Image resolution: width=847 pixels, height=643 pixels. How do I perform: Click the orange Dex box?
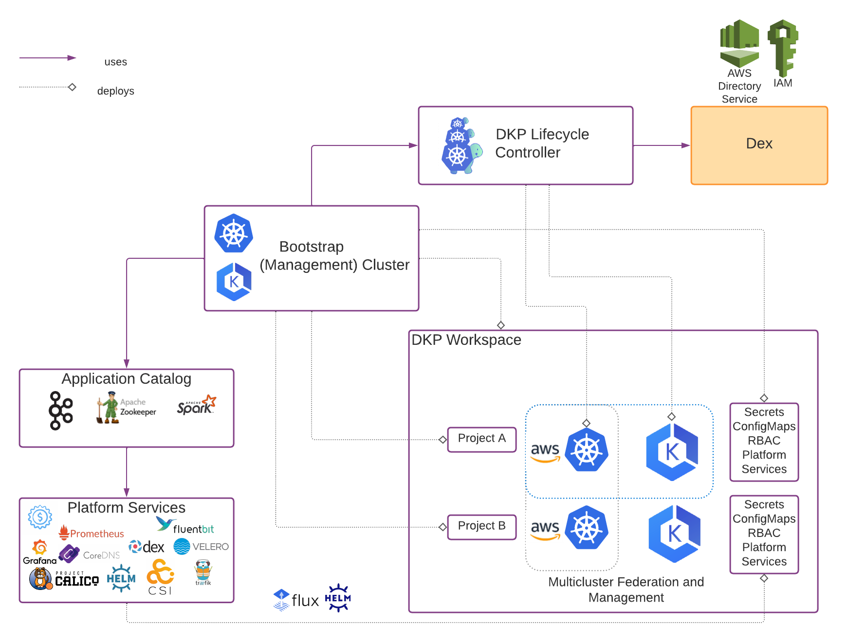[x=759, y=145]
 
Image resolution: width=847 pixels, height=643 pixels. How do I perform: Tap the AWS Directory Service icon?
[x=739, y=43]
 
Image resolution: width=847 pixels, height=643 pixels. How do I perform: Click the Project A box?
[x=481, y=439]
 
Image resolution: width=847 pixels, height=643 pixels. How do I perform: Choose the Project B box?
[x=481, y=527]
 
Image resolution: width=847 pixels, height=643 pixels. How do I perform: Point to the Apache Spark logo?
[x=197, y=406]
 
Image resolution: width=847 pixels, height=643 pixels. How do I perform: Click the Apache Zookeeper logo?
[x=127, y=408]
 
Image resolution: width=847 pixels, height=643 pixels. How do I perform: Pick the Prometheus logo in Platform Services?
[x=92, y=533]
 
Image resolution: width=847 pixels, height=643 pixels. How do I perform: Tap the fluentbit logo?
[x=185, y=526]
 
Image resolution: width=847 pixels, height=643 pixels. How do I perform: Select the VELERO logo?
[x=201, y=547]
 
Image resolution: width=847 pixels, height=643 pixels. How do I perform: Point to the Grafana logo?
[x=39, y=553]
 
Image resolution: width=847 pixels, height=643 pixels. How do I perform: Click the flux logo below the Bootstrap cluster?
[x=296, y=600]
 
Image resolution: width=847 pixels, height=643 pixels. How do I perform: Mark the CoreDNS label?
[x=101, y=555]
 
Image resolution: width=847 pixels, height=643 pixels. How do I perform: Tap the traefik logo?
[x=203, y=572]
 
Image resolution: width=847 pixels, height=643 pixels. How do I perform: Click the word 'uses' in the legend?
[x=115, y=62]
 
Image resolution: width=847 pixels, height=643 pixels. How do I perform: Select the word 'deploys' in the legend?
[x=115, y=91]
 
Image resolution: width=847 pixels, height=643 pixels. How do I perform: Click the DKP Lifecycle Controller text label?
[x=542, y=143]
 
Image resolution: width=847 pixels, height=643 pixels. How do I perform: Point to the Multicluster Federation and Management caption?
[x=626, y=589]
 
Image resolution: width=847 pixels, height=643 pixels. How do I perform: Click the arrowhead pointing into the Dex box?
[x=686, y=145]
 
